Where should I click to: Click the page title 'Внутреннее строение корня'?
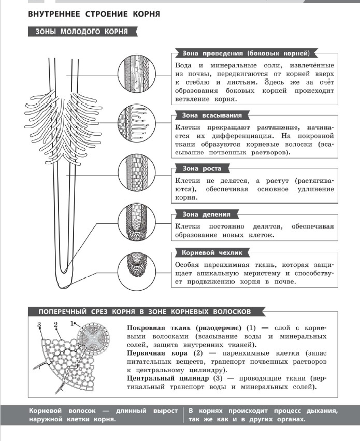[94, 13]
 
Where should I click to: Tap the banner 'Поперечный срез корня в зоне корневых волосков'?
[145, 311]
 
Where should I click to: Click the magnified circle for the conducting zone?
[136, 71]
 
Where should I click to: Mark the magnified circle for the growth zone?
[136, 172]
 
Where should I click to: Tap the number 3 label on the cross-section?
[39, 324]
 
